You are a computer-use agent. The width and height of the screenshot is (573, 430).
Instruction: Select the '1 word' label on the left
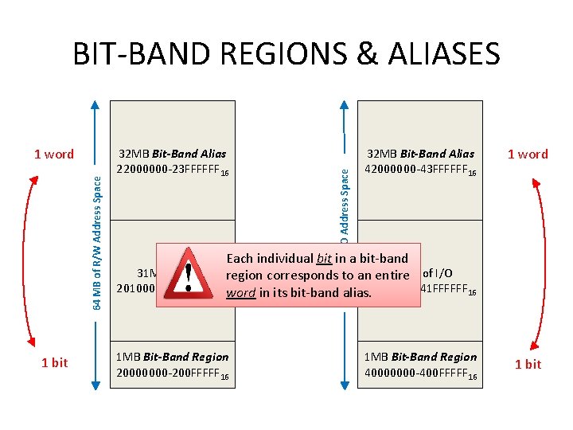click(54, 154)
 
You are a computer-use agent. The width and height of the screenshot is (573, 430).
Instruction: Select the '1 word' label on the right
click(528, 154)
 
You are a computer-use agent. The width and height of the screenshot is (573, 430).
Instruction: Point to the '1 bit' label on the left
click(54, 363)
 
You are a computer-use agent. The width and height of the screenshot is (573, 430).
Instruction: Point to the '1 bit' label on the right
click(528, 364)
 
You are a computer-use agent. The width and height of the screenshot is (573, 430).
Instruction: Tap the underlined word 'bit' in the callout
click(324, 259)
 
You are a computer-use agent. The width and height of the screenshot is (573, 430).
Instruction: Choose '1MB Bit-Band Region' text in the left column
click(172, 357)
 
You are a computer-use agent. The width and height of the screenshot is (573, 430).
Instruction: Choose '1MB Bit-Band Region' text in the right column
click(420, 357)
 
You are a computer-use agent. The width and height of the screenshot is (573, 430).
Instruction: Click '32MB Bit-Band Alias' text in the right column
click(420, 154)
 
